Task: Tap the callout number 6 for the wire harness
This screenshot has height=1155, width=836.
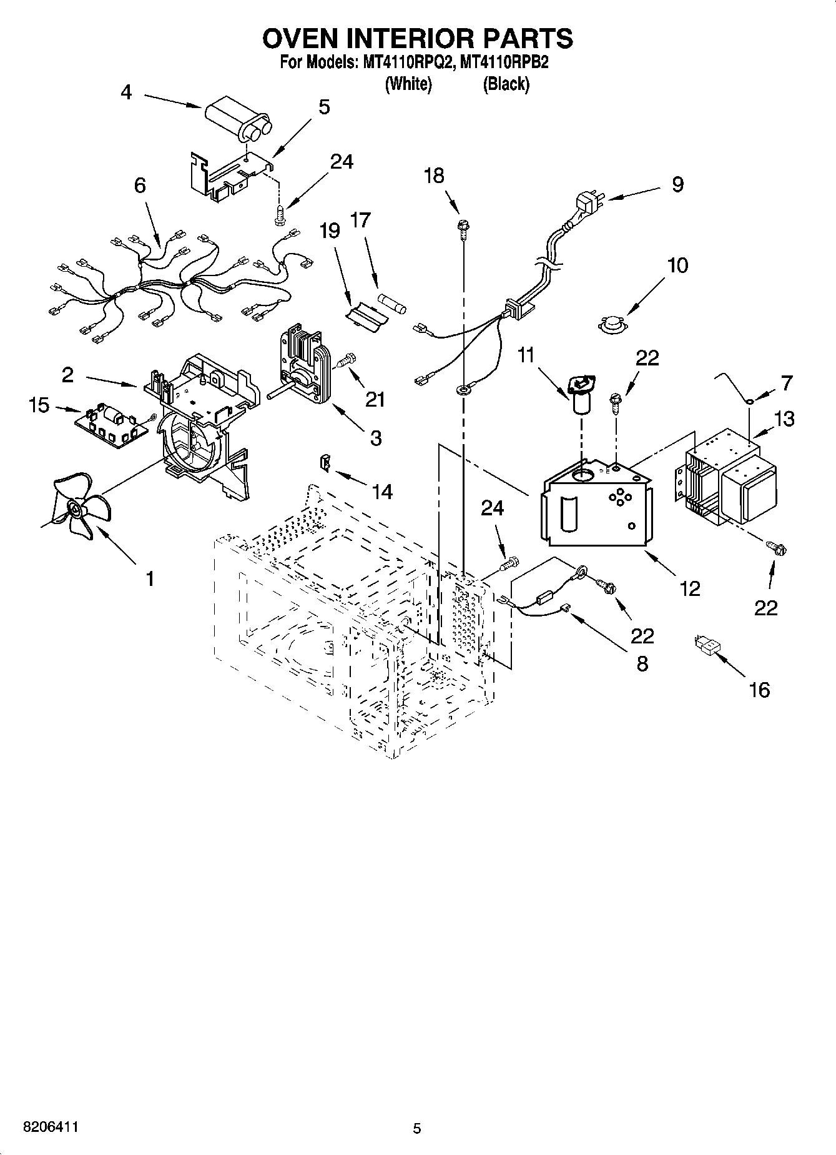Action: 139,186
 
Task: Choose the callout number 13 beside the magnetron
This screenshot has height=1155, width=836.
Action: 784,419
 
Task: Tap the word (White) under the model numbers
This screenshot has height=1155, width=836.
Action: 408,84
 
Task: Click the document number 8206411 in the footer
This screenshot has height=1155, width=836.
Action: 51,1128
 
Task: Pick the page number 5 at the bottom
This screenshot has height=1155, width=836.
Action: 417,1128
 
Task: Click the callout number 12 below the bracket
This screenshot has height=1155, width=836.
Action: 690,588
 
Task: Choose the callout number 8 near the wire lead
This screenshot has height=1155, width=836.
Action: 642,663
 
